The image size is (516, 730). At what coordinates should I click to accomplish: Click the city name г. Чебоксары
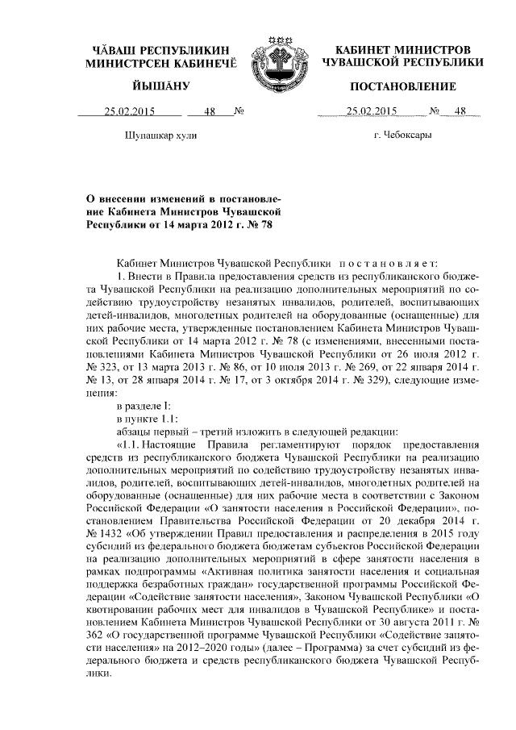[x=402, y=135]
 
